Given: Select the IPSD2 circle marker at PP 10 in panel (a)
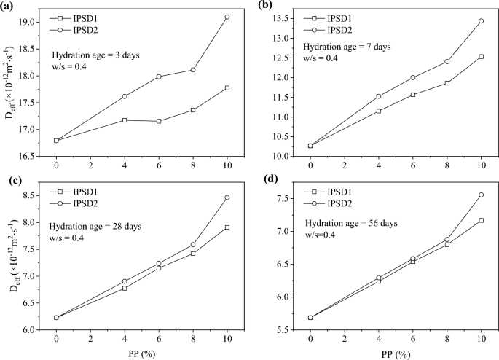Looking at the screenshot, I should click(x=227, y=17).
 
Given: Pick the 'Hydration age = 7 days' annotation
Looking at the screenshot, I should click(x=347, y=47).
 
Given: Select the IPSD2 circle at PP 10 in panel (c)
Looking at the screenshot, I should click(x=227, y=197).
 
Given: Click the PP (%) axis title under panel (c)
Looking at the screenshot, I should click(x=142, y=354).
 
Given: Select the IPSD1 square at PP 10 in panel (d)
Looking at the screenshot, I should click(x=482, y=220).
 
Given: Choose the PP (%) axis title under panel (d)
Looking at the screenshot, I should click(x=396, y=354).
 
